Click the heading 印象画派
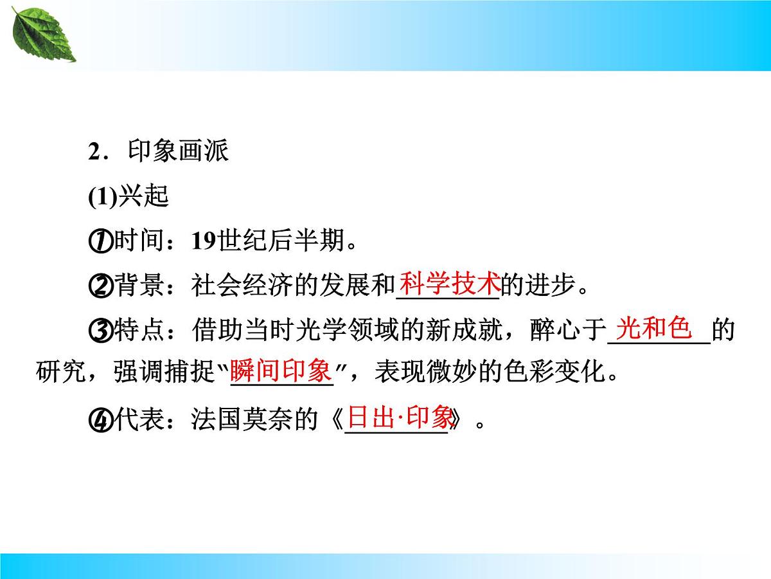(178, 152)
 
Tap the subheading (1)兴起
(128, 196)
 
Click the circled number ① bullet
(100, 242)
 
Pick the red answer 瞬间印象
(281, 371)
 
